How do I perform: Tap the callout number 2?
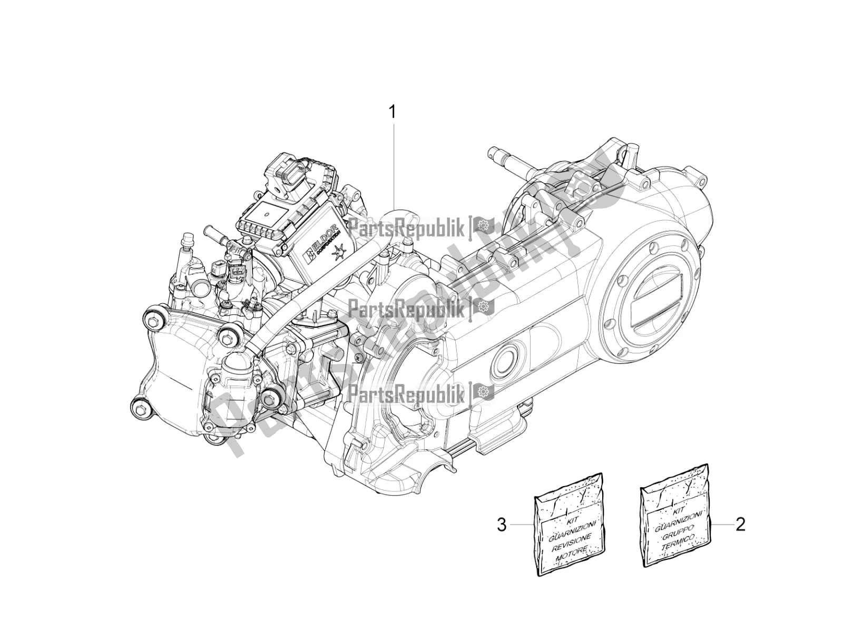(x=740, y=527)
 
